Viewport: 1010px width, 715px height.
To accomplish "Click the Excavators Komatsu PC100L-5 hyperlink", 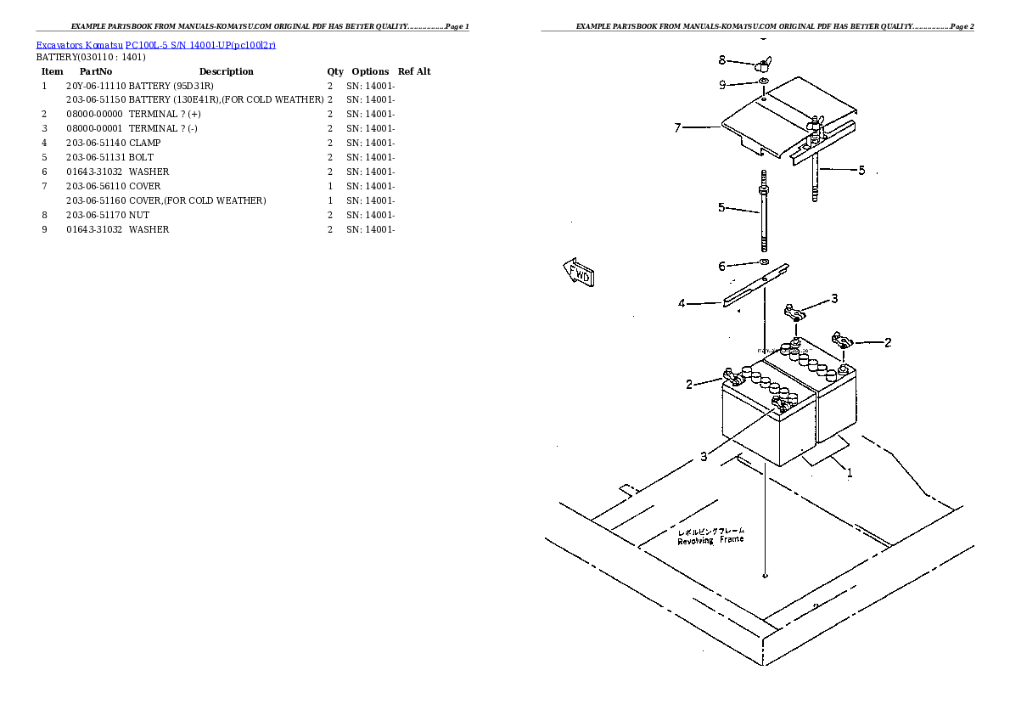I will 155,44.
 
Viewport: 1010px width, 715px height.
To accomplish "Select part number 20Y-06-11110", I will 96,86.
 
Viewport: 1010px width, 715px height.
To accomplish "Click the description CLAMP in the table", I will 144,143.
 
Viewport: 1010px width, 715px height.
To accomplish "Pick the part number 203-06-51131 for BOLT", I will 96,157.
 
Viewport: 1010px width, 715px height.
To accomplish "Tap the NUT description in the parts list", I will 138,215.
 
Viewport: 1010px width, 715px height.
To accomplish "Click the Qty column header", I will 335,71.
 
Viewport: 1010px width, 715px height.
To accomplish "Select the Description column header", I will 226,71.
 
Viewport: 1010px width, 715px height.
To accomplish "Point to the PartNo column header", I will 96,71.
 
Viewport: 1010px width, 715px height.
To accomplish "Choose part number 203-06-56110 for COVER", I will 96,186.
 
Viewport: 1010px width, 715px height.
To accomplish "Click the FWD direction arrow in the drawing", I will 578,273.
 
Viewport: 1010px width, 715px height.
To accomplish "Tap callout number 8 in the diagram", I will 721,60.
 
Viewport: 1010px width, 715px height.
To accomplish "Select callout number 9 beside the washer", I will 721,84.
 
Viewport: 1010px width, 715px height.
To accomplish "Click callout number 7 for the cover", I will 677,128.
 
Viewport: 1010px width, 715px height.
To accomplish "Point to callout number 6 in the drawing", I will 721,267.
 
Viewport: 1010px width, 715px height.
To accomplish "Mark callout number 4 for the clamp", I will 681,303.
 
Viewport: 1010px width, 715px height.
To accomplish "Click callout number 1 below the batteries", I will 849,473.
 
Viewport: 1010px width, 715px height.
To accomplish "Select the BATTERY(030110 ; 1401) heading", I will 91,57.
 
